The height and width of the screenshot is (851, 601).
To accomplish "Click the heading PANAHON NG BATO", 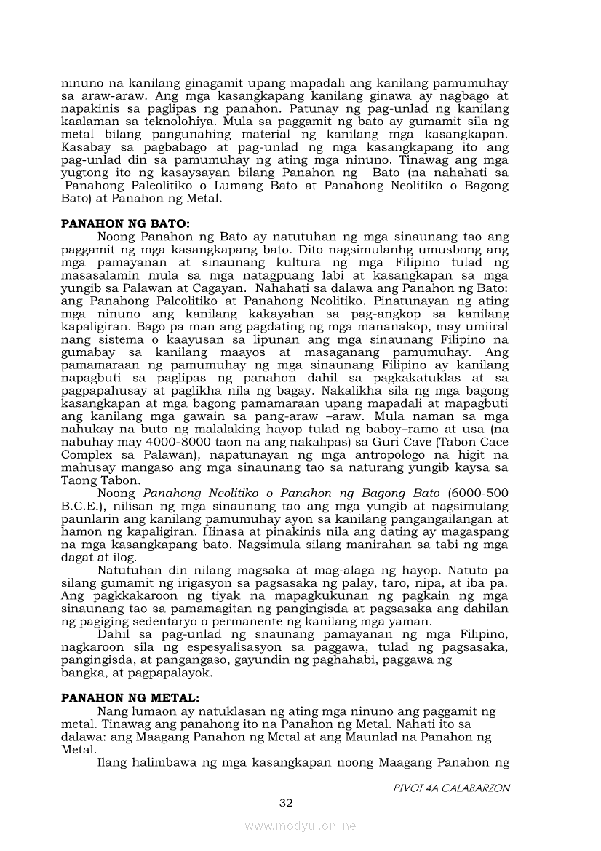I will point(124,225).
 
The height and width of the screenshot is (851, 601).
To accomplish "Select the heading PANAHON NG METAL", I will point(130,697).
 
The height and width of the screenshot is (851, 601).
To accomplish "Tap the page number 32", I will point(286,803).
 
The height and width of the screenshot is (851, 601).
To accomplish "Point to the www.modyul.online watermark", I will point(300,826).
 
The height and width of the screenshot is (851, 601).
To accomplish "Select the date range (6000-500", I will point(474,494).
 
